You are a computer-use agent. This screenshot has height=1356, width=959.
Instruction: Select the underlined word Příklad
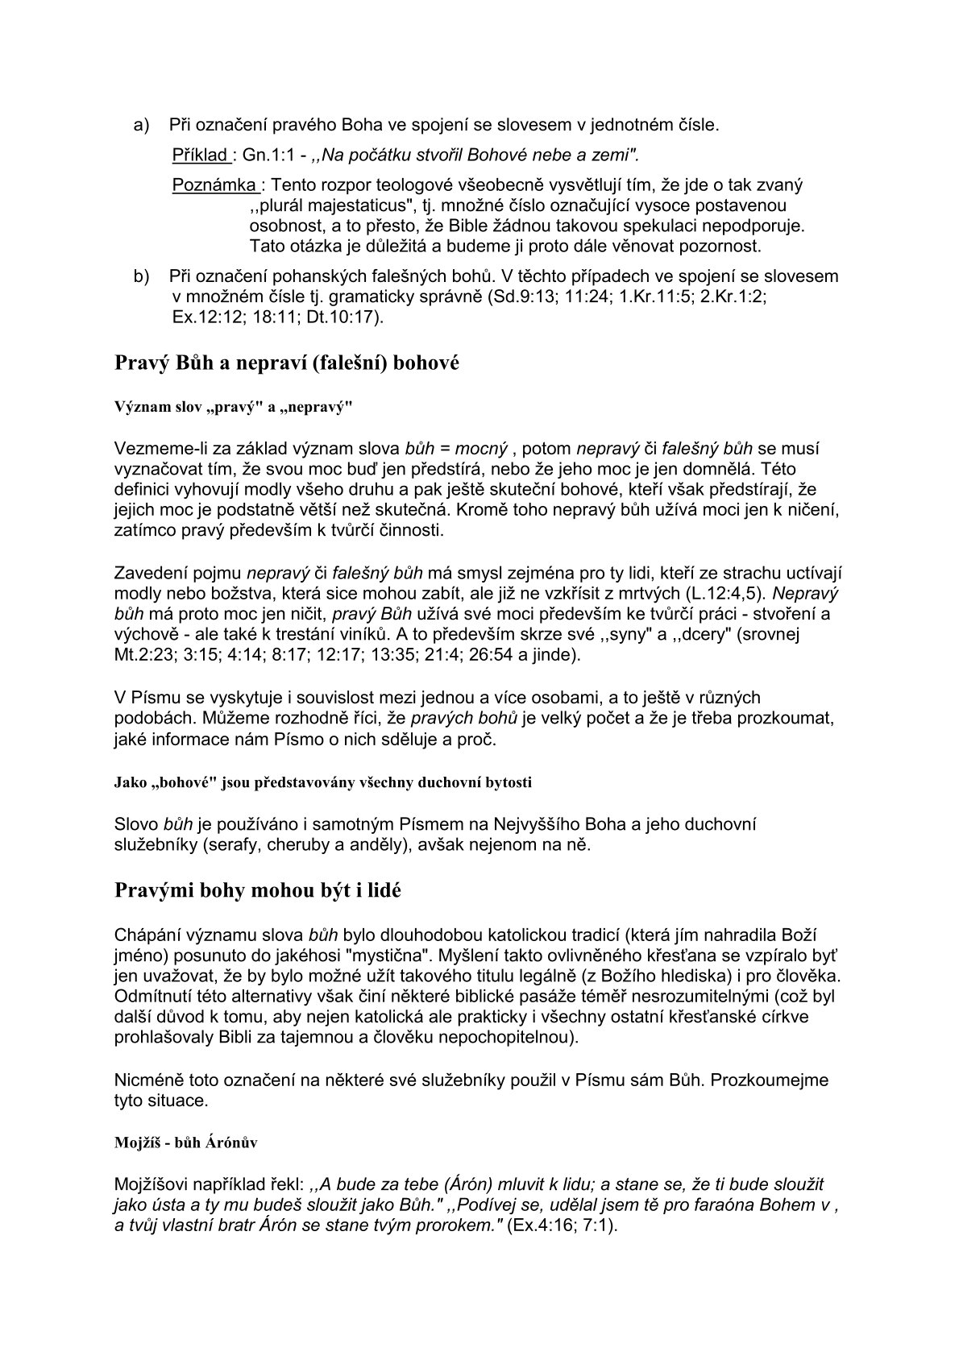200,155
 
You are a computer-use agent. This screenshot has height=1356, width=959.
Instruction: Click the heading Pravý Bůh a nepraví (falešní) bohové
287,363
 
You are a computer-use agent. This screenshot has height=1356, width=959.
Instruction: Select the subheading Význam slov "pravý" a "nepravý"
235,407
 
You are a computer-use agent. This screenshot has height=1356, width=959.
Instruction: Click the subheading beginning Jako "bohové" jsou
323,782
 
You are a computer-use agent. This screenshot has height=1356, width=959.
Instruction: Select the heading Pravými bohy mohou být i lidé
258,891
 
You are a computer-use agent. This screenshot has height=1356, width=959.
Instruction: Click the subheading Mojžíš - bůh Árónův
186,1143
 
